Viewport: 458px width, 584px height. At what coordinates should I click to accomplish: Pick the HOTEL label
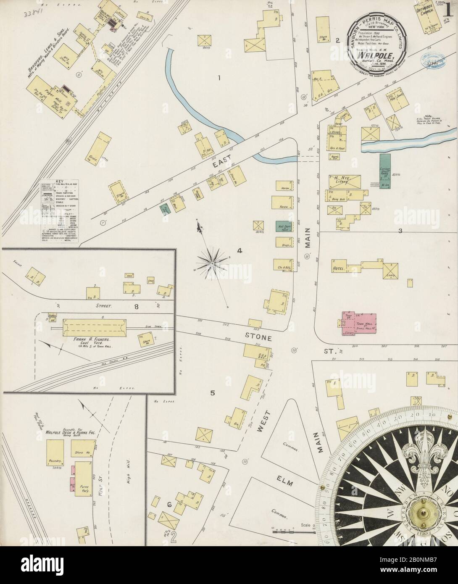point(339,268)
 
